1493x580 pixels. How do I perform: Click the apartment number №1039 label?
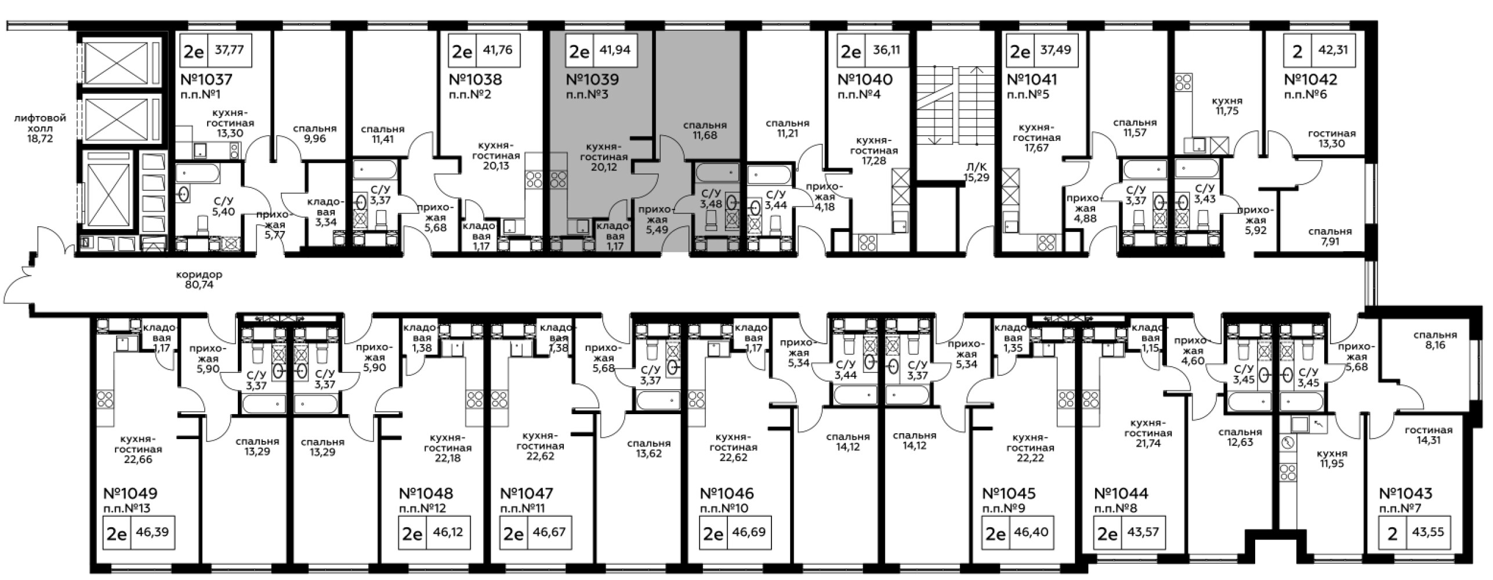[x=592, y=79]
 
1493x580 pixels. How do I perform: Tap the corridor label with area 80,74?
[x=200, y=280]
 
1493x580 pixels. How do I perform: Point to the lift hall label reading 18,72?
[x=41, y=128]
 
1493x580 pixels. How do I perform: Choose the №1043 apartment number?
[x=1405, y=494]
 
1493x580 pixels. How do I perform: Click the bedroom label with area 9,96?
[x=315, y=133]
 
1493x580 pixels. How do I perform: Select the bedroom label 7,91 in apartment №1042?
[x=1330, y=236]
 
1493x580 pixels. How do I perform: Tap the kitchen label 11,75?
[x=1227, y=106]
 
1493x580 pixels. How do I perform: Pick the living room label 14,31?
[x=1429, y=435]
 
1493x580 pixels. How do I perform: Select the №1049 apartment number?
[x=131, y=494]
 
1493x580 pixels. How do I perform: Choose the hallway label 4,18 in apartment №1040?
[x=824, y=196]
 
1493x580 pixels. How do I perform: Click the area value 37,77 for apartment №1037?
[x=230, y=50]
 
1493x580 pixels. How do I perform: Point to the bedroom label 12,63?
[x=1240, y=437]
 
